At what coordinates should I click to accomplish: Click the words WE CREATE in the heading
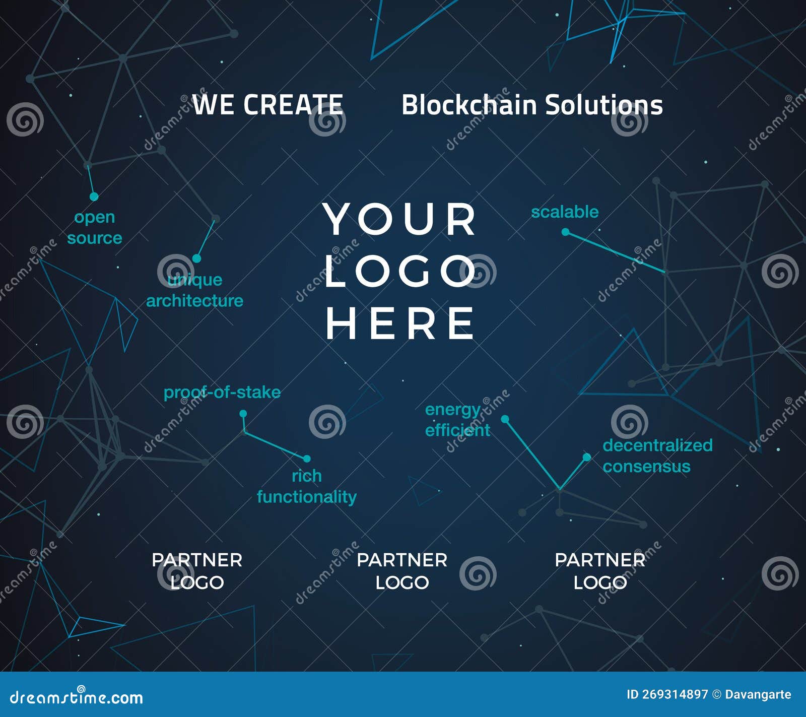(x=267, y=105)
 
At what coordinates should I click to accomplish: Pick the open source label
(x=95, y=227)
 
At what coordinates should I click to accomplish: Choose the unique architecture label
(x=194, y=290)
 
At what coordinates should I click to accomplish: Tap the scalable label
(x=565, y=212)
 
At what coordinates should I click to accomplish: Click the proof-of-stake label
(x=222, y=392)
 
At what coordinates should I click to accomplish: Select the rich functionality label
(x=306, y=486)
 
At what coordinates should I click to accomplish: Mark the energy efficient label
(x=457, y=420)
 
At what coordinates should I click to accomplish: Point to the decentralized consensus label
(x=657, y=455)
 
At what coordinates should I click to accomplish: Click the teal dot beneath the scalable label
(x=565, y=232)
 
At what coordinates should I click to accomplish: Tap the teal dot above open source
(x=94, y=197)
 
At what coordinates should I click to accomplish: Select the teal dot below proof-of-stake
(x=243, y=414)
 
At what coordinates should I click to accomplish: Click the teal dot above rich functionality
(x=306, y=459)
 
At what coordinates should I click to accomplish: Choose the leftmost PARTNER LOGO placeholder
(x=197, y=571)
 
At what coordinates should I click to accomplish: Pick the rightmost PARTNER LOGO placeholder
(x=600, y=571)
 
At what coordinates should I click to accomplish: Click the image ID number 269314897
(x=675, y=694)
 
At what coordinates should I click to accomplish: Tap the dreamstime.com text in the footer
(x=77, y=697)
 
